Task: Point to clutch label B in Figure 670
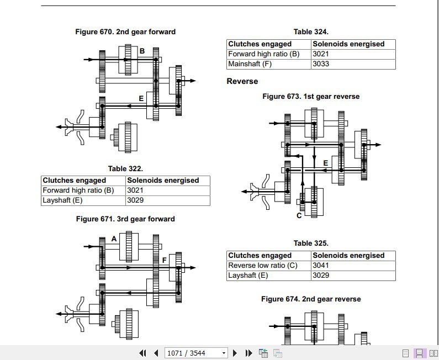(x=142, y=51)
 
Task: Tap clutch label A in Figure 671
(x=114, y=239)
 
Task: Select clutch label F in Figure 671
(x=164, y=260)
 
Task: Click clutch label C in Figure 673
(x=299, y=216)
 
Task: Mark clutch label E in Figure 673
(x=326, y=163)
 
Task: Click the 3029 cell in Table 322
(x=135, y=200)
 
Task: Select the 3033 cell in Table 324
(x=321, y=64)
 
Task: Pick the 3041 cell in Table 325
(x=321, y=266)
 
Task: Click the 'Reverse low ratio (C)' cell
(x=263, y=266)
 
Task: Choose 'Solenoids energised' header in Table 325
(x=348, y=256)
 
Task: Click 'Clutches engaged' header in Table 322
(x=75, y=180)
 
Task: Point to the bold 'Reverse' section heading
(x=242, y=81)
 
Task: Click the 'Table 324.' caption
(x=311, y=32)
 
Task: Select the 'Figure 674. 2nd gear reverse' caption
(x=311, y=299)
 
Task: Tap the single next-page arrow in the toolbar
(x=235, y=353)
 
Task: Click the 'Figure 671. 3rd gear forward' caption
(x=125, y=219)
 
